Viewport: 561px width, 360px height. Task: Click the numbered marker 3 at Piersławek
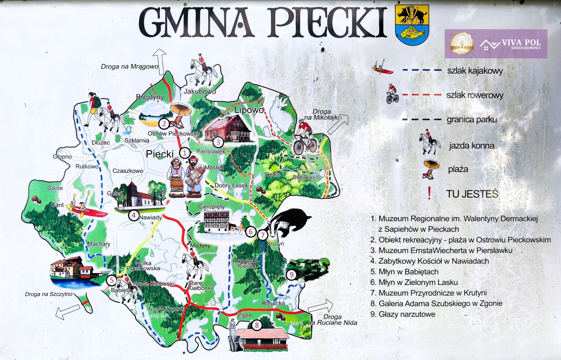click(218, 142)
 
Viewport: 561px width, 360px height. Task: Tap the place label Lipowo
click(250, 110)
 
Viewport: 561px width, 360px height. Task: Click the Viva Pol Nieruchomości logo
click(496, 43)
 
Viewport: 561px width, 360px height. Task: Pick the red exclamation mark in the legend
click(429, 193)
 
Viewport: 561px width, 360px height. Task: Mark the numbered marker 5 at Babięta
click(111, 280)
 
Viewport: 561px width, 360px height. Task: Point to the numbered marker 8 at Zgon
click(256, 325)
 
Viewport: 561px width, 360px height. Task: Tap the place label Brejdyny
click(149, 97)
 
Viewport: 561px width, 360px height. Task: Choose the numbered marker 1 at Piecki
click(185, 153)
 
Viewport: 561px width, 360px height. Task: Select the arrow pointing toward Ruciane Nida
click(320, 306)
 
